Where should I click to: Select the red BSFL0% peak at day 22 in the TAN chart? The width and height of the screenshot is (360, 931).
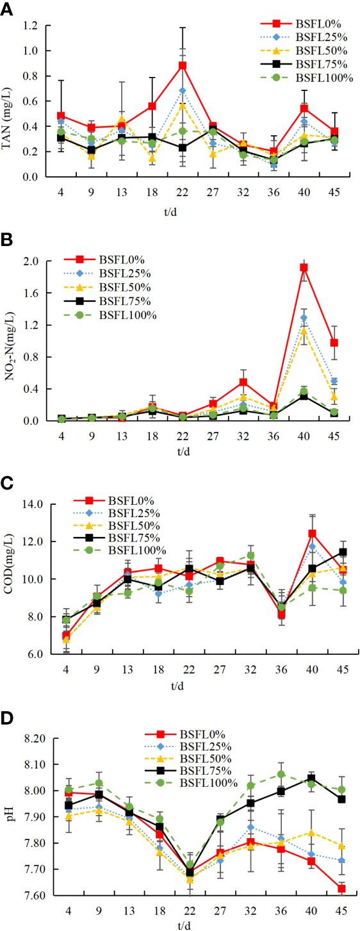pos(183,65)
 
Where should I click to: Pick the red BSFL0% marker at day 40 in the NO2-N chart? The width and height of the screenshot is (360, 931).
pos(304,267)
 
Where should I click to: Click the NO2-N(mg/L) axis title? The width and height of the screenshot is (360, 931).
pos(12,342)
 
